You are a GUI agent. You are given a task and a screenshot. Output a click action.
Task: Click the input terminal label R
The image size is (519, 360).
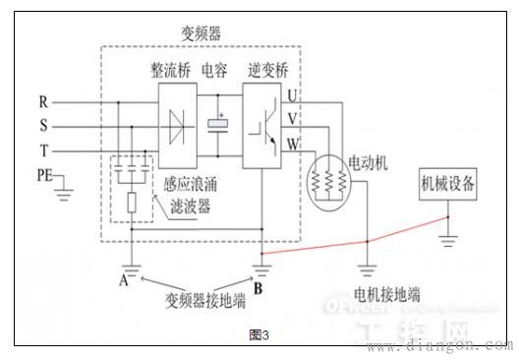43,101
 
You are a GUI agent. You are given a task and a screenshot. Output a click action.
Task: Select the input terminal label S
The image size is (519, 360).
43,126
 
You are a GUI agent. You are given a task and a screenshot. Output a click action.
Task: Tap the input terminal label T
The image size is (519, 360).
43,150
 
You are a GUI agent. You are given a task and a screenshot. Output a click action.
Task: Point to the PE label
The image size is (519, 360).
43,176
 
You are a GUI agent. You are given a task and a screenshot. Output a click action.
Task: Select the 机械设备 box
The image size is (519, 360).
449,184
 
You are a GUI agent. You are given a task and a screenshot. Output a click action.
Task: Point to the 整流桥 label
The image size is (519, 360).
170,72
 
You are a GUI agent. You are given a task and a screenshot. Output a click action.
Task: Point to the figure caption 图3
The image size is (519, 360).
259,335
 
